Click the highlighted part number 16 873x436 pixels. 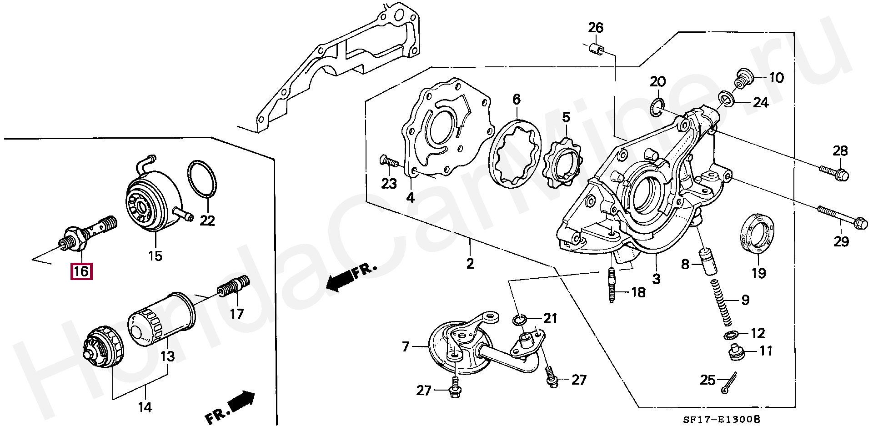click(81, 271)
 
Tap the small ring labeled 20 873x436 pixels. click(655, 106)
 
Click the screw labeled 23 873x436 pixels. click(387, 160)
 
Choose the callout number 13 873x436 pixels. click(168, 356)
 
